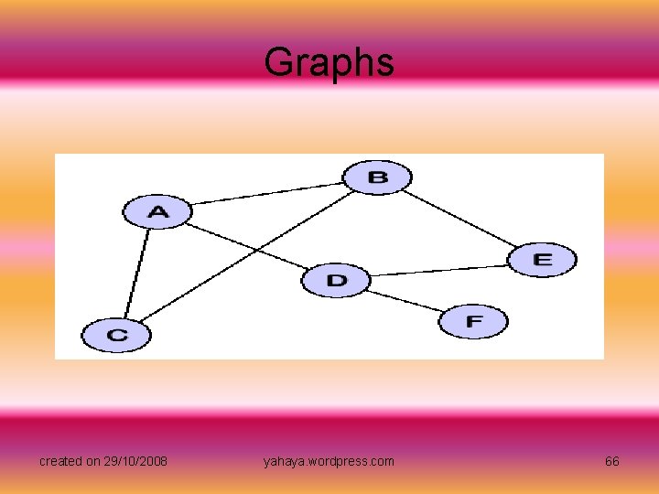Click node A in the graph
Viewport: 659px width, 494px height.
pos(157,212)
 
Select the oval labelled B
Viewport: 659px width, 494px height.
pos(377,177)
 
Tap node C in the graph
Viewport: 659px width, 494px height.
pos(116,335)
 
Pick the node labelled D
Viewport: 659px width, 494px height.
pos(336,280)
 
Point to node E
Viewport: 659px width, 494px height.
pos(542,260)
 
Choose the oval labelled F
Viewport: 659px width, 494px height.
pos(472,322)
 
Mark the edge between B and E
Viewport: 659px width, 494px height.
pos(461,219)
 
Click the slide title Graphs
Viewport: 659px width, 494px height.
pos(329,62)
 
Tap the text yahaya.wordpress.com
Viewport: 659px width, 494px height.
pos(329,461)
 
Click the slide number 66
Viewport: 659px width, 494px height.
pos(611,461)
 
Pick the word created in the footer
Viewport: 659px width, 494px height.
pos(59,461)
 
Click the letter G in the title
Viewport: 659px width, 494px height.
pos(276,62)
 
